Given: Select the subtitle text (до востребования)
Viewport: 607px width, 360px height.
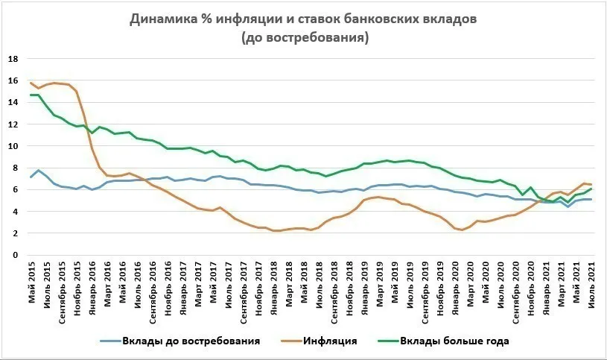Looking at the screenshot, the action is (305, 38).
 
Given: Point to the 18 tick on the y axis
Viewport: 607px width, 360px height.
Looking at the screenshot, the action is (13, 59).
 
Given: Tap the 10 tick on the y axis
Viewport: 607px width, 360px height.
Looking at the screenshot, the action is (13, 146).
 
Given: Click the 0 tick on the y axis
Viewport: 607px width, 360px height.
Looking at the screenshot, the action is (16, 255).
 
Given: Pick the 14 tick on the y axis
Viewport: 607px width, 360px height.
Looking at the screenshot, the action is (13, 102).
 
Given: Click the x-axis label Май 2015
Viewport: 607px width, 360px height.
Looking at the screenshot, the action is (32, 282).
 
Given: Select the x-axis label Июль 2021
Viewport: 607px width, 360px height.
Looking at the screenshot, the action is (591, 285).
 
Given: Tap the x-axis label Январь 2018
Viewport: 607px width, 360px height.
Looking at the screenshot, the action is (274, 288).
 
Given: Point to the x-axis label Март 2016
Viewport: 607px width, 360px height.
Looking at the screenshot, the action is (107, 284).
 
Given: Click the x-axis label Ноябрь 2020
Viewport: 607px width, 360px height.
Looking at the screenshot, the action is (531, 288).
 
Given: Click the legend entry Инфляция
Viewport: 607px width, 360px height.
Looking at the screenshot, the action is (330, 341).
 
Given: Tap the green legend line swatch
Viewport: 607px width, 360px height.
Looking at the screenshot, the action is (388, 341).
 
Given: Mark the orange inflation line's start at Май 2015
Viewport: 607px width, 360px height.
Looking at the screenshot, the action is (31, 83).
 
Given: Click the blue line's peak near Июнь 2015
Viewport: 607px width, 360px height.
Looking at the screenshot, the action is (38, 170).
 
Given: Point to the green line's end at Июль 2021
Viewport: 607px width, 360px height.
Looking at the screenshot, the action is (591, 189).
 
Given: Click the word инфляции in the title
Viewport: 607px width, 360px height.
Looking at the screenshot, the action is (248, 19).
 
